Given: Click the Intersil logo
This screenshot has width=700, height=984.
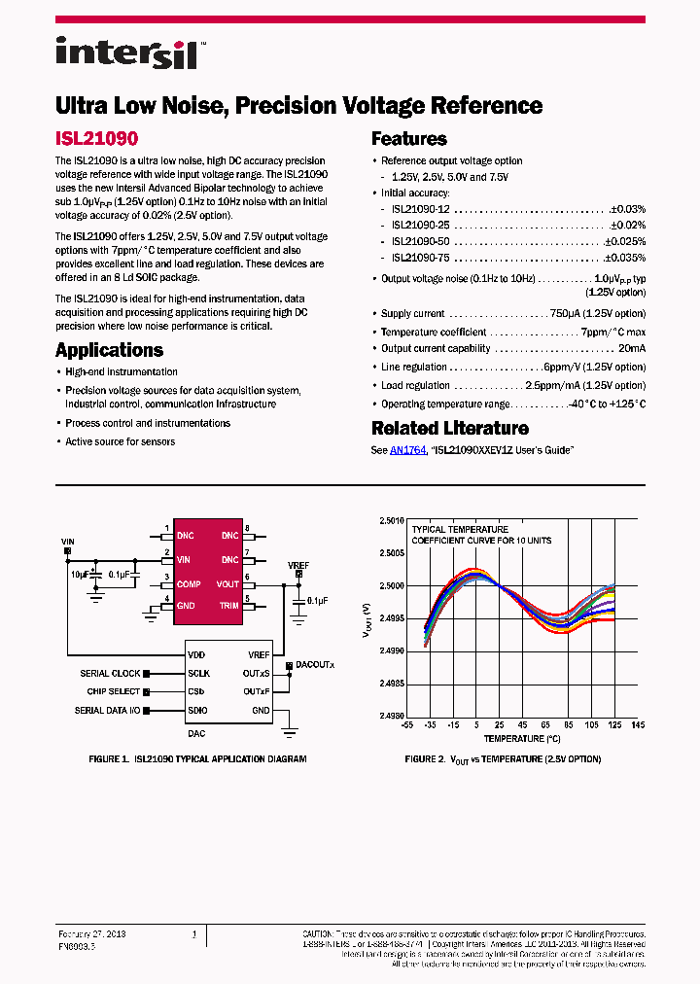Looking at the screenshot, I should point(126,53).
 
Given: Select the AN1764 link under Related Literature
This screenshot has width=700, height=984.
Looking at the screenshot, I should point(407,450).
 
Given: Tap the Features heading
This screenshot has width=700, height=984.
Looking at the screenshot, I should point(408,139).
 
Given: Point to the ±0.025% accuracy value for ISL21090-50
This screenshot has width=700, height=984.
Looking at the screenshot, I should point(624,241).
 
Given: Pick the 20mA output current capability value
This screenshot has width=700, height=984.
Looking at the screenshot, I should point(631,349).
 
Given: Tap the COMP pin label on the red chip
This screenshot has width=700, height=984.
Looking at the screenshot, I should point(188,584).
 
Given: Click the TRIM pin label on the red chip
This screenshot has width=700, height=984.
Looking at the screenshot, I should point(228,606).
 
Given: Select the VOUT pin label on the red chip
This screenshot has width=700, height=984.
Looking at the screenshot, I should point(227,584).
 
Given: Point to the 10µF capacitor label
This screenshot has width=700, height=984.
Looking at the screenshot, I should point(78,575).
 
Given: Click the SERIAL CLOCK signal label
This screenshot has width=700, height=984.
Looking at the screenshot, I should point(110,673).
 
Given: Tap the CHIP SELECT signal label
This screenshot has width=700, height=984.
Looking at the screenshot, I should point(113,691).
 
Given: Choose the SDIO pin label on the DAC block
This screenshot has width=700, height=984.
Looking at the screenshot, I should point(197,711).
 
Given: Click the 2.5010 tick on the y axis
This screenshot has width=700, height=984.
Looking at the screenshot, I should point(392,520).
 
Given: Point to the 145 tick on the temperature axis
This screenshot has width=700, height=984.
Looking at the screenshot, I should point(637,725).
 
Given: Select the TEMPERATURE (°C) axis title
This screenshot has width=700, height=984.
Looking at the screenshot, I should point(503,739).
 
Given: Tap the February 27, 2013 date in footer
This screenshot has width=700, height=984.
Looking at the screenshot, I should point(92,934).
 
